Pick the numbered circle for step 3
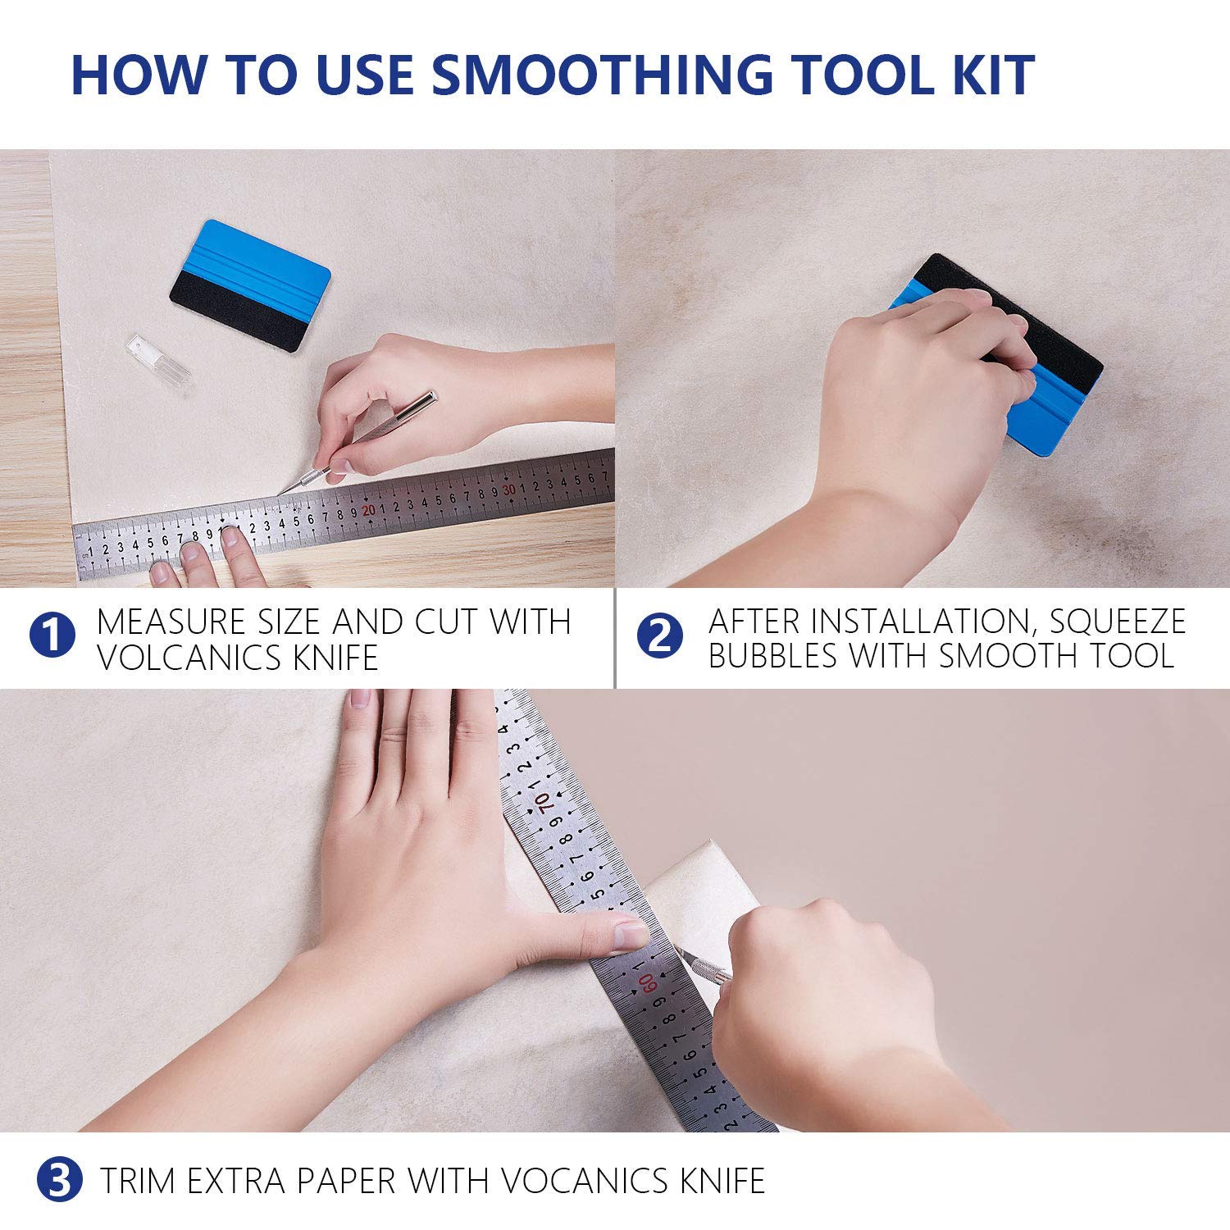[60, 1180]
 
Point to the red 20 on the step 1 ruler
[369, 510]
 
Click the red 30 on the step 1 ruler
[509, 490]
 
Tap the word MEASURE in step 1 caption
[171, 622]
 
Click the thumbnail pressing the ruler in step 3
[632, 933]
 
